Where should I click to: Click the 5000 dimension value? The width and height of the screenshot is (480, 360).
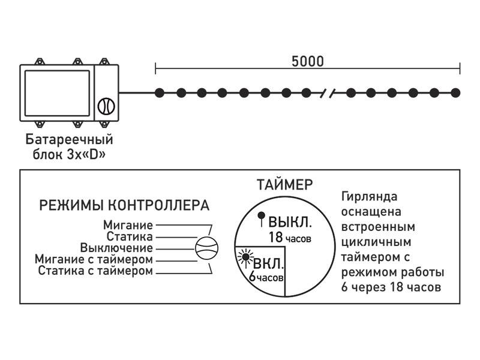coord(307,61)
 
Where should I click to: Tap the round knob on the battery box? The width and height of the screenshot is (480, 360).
coord(105,106)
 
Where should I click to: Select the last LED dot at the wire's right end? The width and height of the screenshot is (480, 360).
coord(455,92)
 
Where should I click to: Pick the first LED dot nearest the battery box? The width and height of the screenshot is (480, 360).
coord(159,92)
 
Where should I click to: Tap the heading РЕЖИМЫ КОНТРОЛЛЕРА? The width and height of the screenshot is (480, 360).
coord(124,205)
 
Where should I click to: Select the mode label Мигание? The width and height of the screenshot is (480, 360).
coord(127,225)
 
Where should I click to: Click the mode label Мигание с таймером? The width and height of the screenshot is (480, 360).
coord(94,259)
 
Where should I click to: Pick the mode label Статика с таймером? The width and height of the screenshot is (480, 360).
coord(95,271)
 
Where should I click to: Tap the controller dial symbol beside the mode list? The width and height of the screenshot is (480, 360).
coord(208,248)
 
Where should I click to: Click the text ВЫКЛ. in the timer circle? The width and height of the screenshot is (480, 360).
coord(290,222)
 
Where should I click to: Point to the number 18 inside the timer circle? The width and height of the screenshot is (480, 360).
coord(275,238)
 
